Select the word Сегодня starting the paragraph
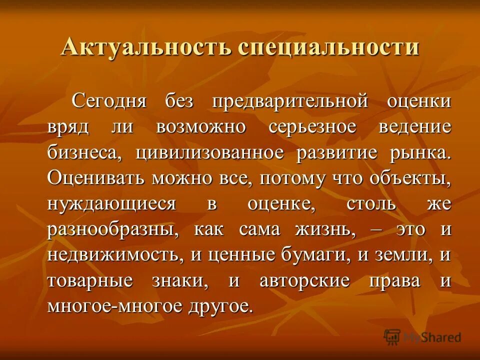pyautogui.click(x=108, y=101)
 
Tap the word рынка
pyautogui.click(x=420, y=152)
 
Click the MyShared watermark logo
pyautogui.click(x=422, y=337)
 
